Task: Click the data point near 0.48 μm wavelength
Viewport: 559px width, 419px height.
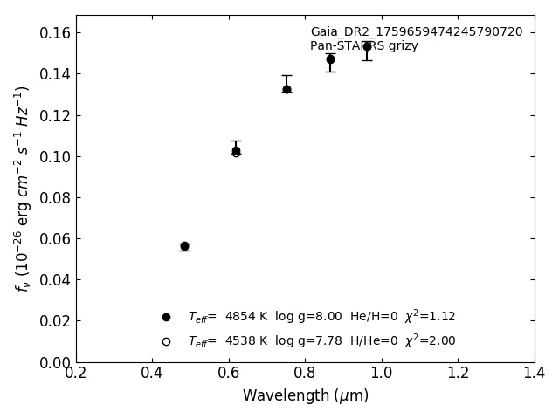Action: tap(184, 246)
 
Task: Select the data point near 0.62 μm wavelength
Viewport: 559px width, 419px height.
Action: tap(236, 150)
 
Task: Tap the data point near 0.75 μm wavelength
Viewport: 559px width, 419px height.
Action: tap(286, 89)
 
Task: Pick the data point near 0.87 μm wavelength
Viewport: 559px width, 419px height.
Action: tap(330, 59)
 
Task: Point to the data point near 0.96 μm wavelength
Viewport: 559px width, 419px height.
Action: tap(367, 46)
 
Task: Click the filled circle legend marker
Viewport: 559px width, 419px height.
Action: tap(166, 317)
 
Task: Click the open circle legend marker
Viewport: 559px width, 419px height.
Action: tap(166, 341)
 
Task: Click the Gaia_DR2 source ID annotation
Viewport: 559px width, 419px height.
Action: tap(417, 32)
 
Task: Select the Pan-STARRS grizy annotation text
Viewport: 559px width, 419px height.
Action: tap(364, 46)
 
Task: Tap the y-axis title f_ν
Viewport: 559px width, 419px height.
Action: tap(23, 188)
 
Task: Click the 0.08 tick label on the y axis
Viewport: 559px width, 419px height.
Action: tap(54, 197)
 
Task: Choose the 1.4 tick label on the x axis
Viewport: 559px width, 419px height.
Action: tap(534, 374)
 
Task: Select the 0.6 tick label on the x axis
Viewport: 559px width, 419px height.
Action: tap(229, 374)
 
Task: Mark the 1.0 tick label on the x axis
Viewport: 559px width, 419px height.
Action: tap(382, 374)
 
